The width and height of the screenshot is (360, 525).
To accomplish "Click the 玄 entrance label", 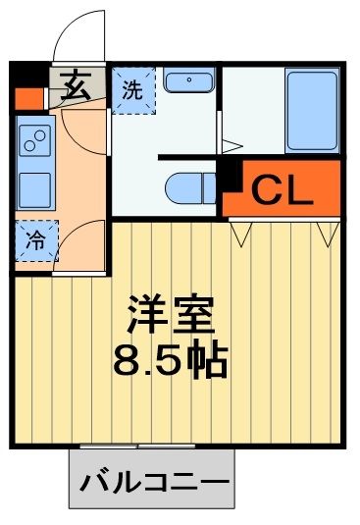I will pyautogui.click(x=75, y=85).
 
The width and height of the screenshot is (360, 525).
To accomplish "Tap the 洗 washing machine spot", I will pyautogui.click(x=130, y=87).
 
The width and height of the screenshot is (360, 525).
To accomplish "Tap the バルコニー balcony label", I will pyautogui.click(x=153, y=483).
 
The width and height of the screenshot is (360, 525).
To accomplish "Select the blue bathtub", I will pyautogui.click(x=312, y=110).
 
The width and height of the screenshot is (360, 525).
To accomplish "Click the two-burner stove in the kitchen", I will pyautogui.click(x=35, y=142).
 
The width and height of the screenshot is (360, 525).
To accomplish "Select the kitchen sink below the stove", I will pyautogui.click(x=35, y=186).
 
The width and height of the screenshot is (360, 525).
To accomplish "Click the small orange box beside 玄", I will pyautogui.click(x=26, y=98).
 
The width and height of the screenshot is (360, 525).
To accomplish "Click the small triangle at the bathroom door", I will pyautogui.click(x=231, y=147).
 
